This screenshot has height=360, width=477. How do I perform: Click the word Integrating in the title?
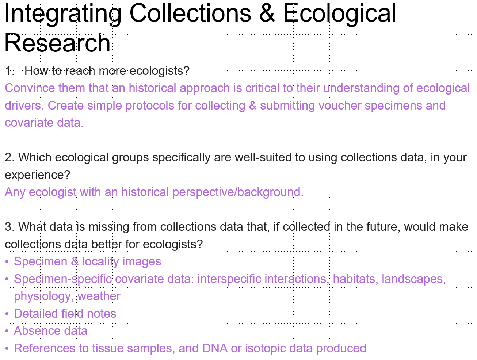62,15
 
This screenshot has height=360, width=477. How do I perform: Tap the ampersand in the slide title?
267,13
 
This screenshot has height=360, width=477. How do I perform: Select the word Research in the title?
57,43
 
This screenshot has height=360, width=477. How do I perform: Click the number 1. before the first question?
10,71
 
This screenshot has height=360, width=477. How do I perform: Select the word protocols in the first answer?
150,106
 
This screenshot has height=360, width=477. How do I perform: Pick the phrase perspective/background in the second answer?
238,192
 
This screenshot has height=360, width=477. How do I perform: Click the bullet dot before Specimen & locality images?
7,262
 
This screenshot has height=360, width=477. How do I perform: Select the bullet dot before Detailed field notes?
7,314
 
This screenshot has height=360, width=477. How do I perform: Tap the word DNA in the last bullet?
215,348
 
